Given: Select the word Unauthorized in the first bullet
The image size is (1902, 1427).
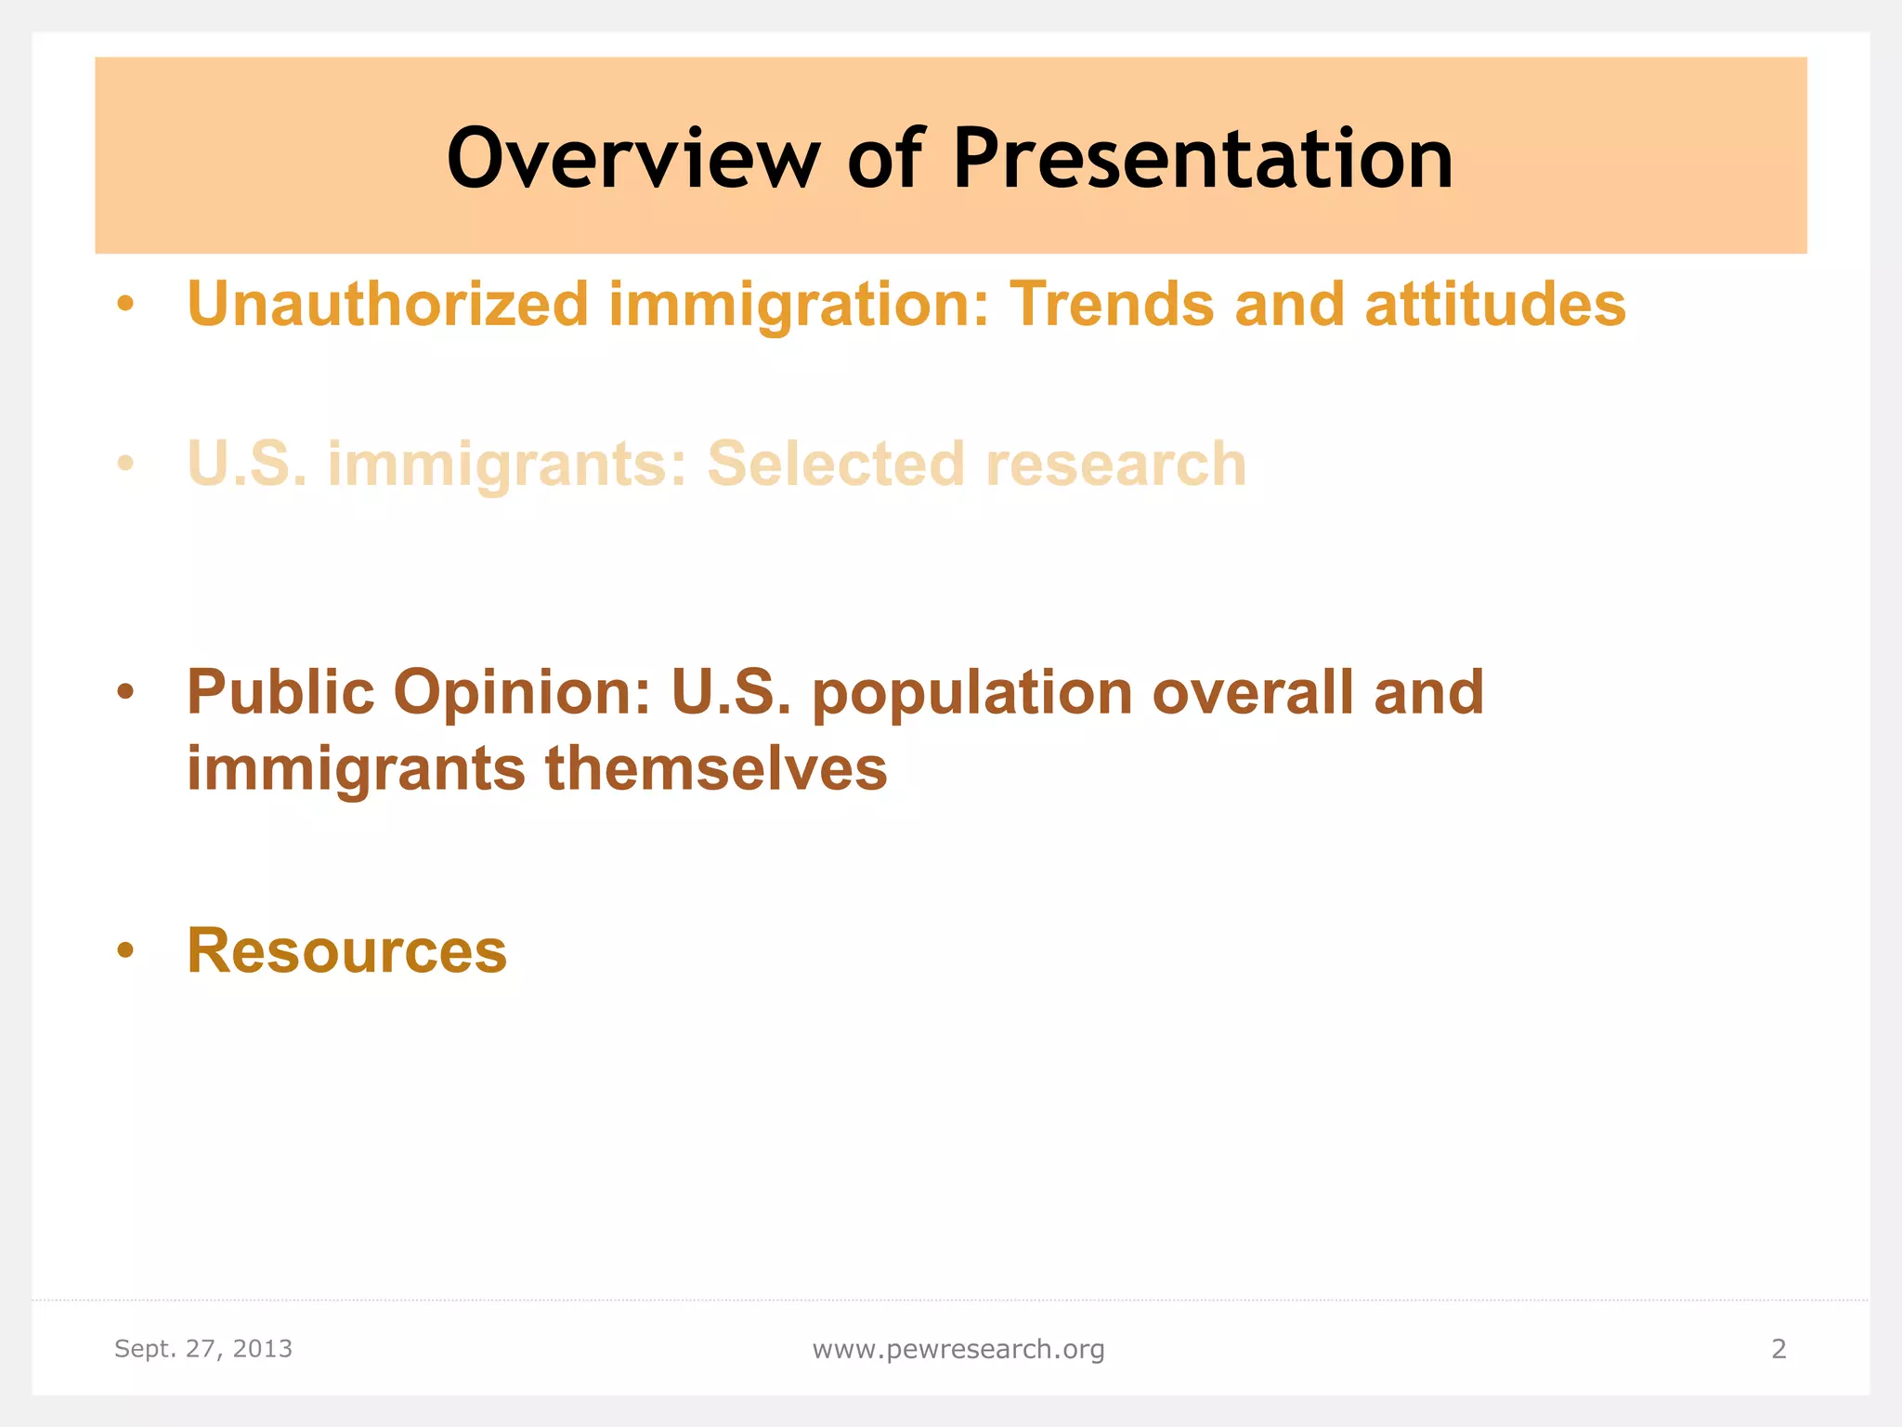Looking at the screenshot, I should pos(387,304).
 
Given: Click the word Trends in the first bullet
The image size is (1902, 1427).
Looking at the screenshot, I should pos(1112,304).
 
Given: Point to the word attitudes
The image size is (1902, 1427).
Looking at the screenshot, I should pos(1495,304).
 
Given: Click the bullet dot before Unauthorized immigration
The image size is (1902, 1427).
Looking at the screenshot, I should pos(126,306).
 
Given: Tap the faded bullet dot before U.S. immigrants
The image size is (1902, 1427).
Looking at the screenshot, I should pos(126,465).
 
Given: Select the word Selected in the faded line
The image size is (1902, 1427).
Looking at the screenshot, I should pos(836,464).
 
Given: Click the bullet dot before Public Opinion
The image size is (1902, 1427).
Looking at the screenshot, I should pos(126,694).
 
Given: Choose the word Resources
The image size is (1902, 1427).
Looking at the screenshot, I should pos(346,950).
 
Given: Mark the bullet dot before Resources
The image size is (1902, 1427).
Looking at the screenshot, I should pos(126,952).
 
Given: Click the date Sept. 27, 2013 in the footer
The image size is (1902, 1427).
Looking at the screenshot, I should pos(203,1348).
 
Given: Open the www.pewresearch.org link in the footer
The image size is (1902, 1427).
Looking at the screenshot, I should pos(958,1349).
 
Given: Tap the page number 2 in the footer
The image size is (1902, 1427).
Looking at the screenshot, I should pos(1778,1348).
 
